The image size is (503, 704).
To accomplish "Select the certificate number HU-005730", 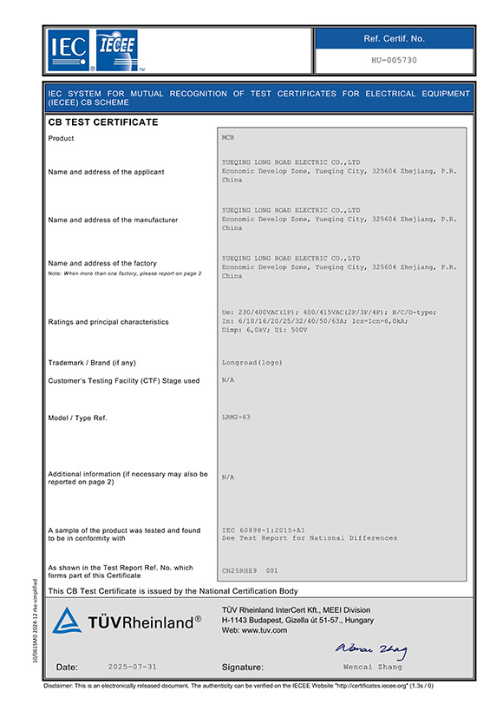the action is [394, 61].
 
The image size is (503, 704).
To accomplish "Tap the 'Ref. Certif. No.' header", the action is [394, 38].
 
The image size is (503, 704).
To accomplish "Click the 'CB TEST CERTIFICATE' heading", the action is [102, 122].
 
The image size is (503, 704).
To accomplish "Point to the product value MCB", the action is [229, 138].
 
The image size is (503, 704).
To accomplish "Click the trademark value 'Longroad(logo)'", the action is [252, 362].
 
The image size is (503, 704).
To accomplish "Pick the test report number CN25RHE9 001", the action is [249, 570].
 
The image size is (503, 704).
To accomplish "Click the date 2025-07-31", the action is [133, 667].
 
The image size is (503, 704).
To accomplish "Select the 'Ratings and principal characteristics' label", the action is [108, 322].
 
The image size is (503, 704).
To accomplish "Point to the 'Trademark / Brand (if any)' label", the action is [92, 362].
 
